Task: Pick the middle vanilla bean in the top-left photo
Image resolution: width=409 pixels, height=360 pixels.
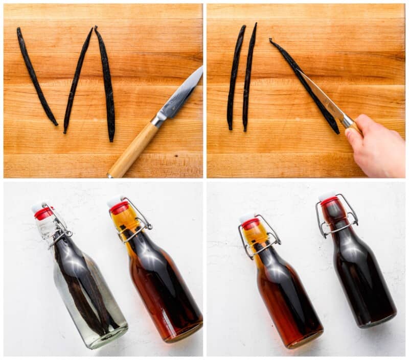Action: [x=77, y=81]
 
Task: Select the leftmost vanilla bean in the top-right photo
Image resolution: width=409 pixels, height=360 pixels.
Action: [x=236, y=77]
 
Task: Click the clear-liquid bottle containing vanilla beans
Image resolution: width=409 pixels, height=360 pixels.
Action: [x=87, y=286]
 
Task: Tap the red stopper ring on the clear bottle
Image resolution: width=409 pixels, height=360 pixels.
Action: [x=43, y=213]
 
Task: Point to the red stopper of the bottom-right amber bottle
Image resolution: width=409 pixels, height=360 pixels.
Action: [x=251, y=224]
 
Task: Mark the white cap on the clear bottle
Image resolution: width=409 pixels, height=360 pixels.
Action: [x=38, y=207]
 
